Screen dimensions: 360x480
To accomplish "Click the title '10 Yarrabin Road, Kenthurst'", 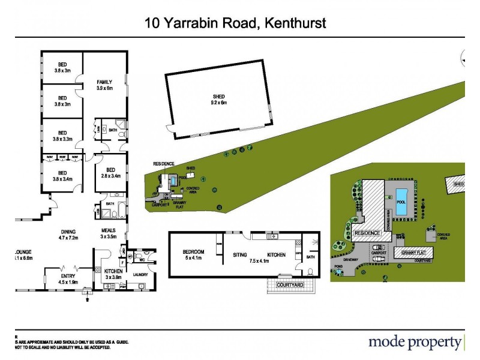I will pyautogui.click(x=235, y=24).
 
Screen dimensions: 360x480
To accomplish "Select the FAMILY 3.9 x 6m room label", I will pyautogui.click(x=104, y=85).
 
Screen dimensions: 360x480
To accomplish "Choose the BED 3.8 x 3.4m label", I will pyautogui.click(x=62, y=176).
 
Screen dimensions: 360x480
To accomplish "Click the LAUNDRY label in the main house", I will pyautogui.click(x=142, y=274).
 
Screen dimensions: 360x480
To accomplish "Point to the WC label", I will pyautogui.click(x=142, y=259).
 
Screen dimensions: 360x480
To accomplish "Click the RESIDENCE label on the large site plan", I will pyautogui.click(x=367, y=233).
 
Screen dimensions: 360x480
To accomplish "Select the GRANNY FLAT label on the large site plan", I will pyautogui.click(x=413, y=253).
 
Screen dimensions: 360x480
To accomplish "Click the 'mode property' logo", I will pyautogui.click(x=415, y=343).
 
